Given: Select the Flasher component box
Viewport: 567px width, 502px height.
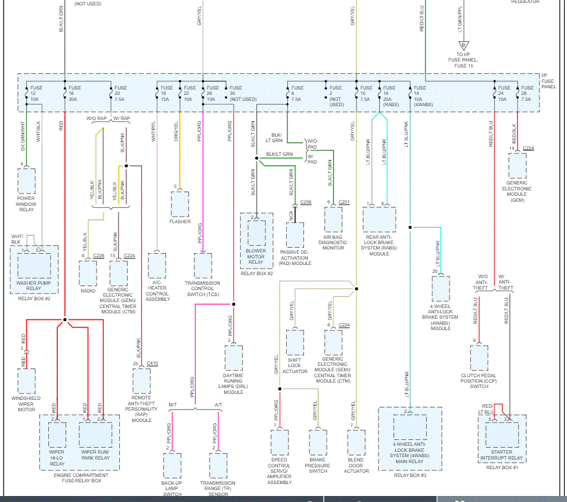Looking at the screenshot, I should coord(180,204).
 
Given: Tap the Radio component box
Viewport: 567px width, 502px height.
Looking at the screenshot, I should coord(88,273).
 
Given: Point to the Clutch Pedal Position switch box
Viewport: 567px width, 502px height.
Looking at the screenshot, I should coord(479,358).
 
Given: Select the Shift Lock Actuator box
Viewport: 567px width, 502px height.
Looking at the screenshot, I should coord(295,342).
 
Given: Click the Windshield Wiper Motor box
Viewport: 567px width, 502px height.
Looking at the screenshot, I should coord(26,381).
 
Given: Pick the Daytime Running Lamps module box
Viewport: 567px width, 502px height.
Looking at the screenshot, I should coord(233,358).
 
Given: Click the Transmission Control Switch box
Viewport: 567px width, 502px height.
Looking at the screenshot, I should coord(203,266).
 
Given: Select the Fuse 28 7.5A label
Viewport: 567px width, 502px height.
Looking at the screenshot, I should coord(527,93).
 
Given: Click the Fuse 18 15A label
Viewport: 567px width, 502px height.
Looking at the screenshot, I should coord(167,93).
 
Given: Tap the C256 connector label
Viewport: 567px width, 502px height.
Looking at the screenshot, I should coord(306,202).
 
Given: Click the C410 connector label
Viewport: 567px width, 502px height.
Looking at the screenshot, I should coord(152,363).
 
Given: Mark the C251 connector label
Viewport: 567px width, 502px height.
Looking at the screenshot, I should coord(344,202).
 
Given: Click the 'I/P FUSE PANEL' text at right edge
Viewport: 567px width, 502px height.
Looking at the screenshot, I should coord(549,81).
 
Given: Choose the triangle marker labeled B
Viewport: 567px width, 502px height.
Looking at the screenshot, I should coord(463,45).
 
